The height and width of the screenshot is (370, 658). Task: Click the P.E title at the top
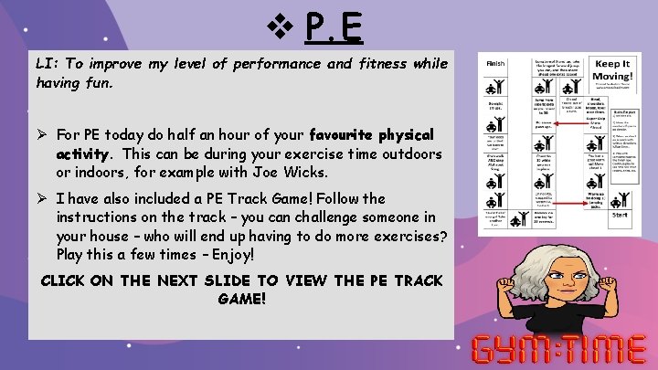click(334, 28)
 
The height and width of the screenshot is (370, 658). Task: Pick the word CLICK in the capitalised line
click(66, 280)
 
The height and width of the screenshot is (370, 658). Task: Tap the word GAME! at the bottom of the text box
click(241, 299)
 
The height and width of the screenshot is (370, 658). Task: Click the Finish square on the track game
click(495, 63)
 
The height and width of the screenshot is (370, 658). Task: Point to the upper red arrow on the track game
click(567, 123)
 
